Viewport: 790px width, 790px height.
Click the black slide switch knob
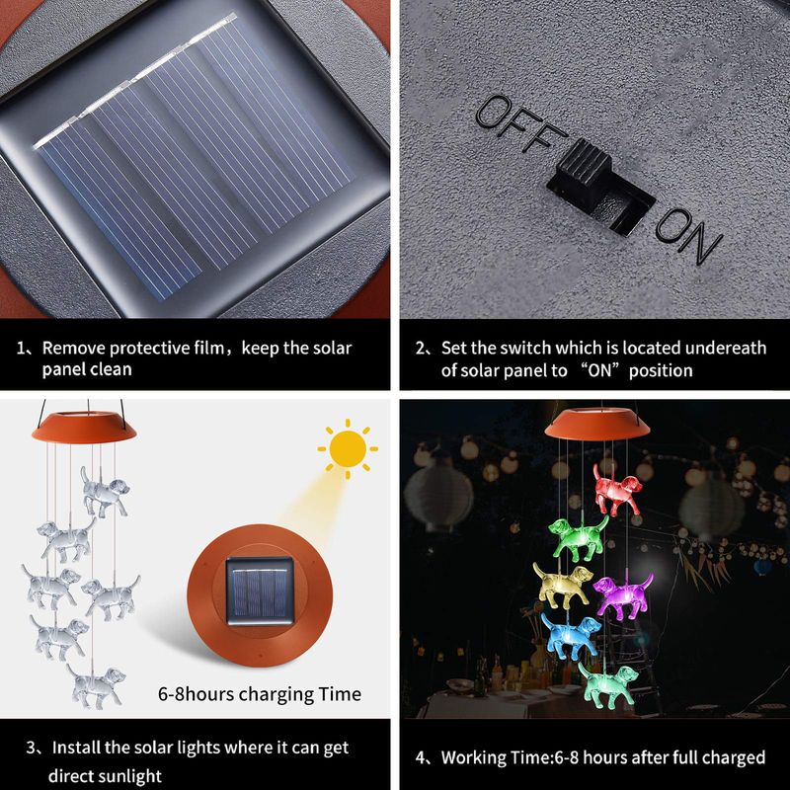coord(585,162)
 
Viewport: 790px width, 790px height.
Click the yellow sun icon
coord(348,448)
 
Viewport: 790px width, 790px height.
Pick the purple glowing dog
coord(623,596)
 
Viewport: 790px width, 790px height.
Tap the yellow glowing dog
coord(563,585)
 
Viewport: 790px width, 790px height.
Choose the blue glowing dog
coord(571,636)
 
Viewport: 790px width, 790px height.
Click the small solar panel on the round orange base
coord(260,591)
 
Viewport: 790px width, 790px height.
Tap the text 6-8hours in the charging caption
coord(196,694)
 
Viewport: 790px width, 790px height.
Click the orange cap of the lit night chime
coord(597,424)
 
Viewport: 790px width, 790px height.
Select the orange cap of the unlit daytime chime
coord(84,427)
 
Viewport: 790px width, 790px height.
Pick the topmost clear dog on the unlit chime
coord(105,491)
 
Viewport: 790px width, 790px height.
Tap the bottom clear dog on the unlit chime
coord(96,685)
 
